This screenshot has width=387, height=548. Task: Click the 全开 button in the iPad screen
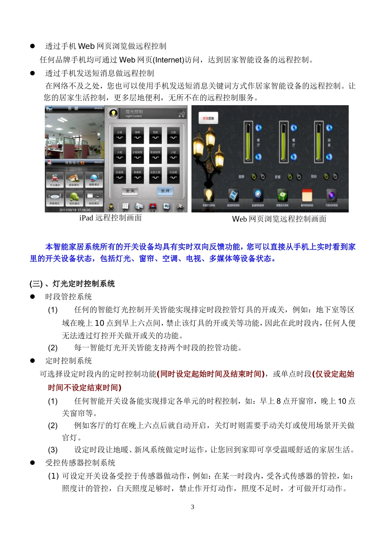(165, 191)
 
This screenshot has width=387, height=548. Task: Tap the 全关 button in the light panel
(130, 191)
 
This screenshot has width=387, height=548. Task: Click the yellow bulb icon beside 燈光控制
(114, 113)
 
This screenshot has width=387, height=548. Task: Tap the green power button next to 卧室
(290, 177)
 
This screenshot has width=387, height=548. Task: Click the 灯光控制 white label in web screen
(208, 118)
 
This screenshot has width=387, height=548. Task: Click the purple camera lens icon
(332, 195)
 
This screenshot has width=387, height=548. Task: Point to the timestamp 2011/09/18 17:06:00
(75, 210)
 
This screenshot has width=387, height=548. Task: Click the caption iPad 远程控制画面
(110, 218)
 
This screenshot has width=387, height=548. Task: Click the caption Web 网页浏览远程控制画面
(279, 219)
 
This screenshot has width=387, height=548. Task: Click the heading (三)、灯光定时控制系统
(72, 284)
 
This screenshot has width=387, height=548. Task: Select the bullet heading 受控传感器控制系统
(80, 463)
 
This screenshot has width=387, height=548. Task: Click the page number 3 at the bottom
(192, 507)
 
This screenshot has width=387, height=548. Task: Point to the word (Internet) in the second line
(169, 60)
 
